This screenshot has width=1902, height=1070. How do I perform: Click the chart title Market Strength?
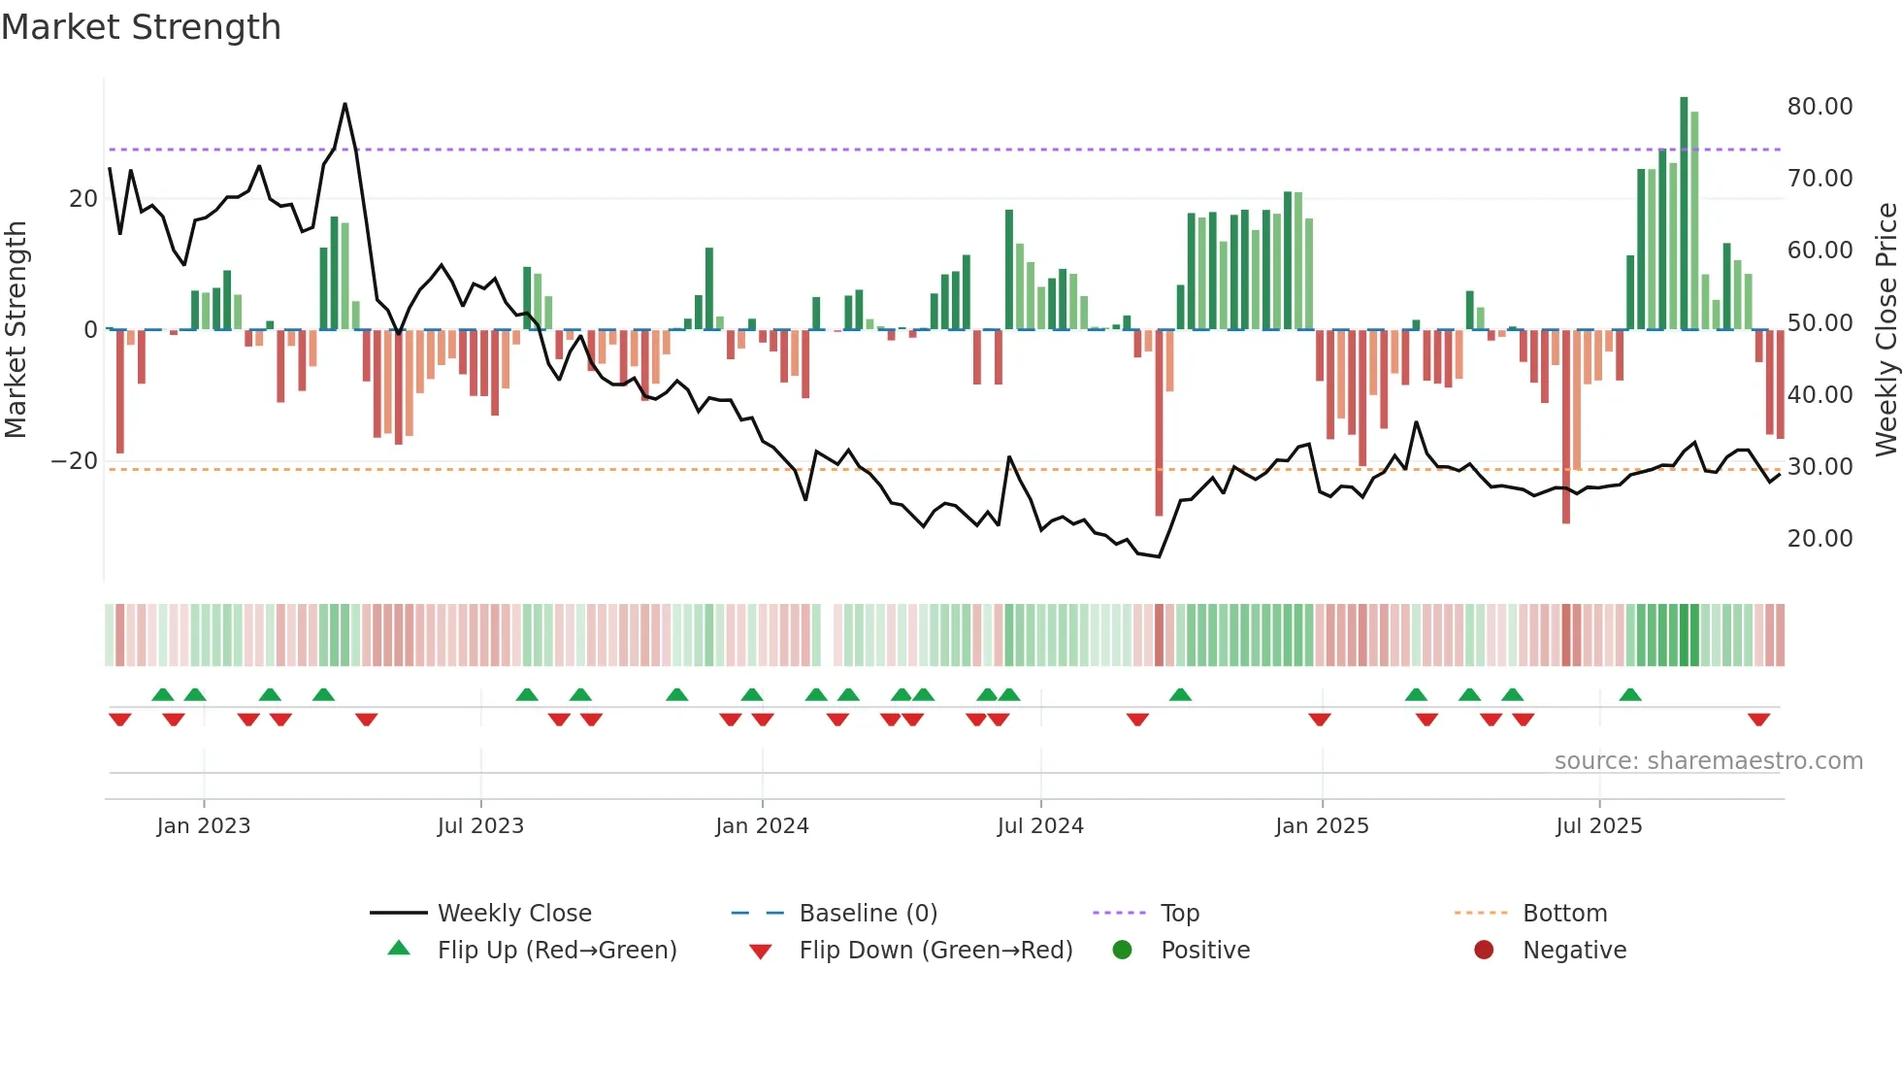141,27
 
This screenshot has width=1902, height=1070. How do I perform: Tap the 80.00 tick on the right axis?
1820,107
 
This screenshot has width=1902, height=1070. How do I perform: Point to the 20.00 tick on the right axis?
1820,539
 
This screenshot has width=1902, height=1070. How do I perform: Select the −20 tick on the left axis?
75,461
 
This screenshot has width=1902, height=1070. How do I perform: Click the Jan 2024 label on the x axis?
762,826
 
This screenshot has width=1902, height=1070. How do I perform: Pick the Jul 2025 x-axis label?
1598,826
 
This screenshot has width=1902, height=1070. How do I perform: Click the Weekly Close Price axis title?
1886,330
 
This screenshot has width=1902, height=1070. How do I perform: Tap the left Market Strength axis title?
16,330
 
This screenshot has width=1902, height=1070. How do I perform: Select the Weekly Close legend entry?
513,914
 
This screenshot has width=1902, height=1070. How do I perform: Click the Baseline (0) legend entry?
868,914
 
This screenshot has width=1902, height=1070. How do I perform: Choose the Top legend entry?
1179,914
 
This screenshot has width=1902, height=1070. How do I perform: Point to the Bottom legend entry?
1564,914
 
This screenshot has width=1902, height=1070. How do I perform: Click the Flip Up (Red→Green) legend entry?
556,951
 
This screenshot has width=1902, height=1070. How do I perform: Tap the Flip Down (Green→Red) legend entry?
935,951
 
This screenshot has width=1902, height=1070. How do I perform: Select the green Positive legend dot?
1122,951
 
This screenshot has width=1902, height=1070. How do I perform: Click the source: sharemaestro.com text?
1708,761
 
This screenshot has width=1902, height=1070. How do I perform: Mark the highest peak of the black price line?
344,105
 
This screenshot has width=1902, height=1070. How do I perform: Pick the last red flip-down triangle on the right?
1758,719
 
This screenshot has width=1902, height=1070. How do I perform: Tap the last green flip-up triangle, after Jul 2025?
1630,694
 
